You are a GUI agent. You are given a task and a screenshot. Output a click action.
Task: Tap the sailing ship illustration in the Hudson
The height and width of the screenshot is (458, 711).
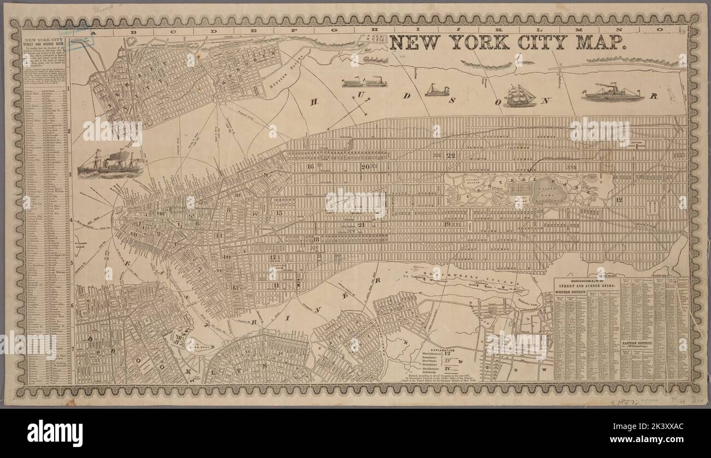click(x=520, y=96)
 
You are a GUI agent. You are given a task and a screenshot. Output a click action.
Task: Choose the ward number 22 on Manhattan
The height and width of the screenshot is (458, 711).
click(x=451, y=156)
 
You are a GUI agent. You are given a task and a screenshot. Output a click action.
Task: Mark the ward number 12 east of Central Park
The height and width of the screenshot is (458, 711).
click(x=619, y=200)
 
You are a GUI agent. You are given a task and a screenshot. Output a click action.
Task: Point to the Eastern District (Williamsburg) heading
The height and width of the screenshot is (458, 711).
click(x=639, y=343)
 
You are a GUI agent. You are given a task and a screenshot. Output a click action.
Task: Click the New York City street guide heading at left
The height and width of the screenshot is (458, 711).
click(x=46, y=42)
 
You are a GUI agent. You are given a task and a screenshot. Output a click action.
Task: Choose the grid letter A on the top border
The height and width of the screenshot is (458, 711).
click(x=92, y=31)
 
